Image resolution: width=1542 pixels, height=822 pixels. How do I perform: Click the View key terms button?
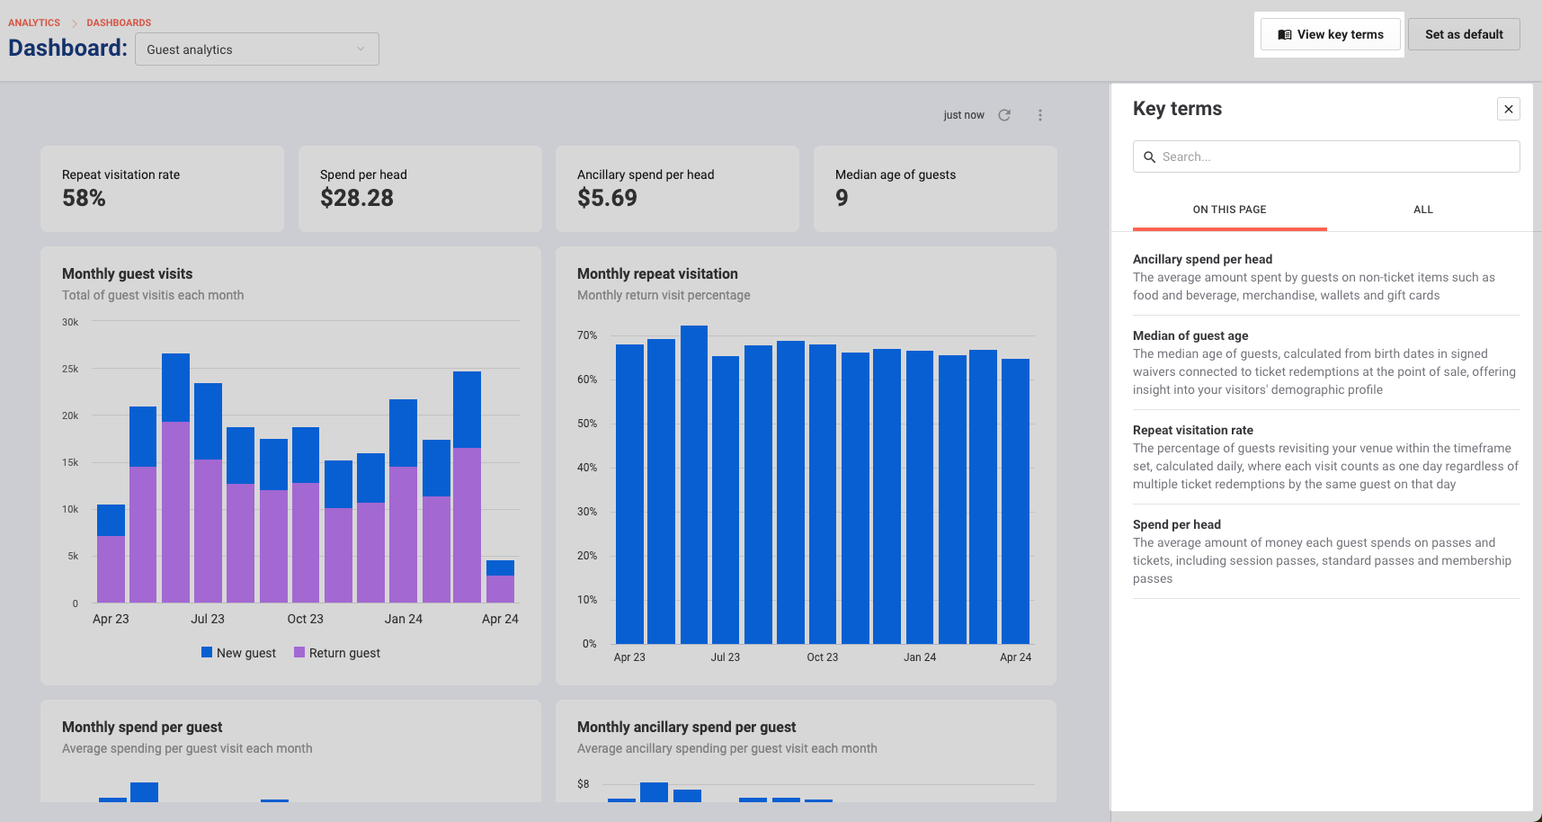tap(1331, 34)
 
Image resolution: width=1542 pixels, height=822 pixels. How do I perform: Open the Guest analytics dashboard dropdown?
tap(257, 49)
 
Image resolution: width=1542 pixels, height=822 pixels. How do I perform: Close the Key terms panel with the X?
tap(1509, 109)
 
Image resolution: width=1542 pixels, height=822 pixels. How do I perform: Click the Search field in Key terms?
tap(1326, 156)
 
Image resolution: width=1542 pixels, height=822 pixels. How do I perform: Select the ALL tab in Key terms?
tap(1423, 210)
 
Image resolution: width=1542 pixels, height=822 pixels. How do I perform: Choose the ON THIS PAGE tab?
tap(1229, 210)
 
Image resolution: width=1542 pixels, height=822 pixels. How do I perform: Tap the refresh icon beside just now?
tap(1004, 115)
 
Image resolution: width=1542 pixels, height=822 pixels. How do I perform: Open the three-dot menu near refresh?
tap(1040, 115)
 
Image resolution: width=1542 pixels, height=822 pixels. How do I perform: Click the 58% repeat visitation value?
tap(84, 198)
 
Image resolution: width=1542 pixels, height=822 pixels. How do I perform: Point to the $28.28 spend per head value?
tap(357, 198)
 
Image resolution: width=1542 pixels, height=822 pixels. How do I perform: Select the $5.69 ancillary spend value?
tap(607, 198)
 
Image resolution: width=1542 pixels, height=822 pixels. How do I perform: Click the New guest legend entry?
tap(238, 653)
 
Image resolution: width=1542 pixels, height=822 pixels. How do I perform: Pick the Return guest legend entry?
tap(337, 653)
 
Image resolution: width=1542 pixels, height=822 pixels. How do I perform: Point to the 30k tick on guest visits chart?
tap(70, 322)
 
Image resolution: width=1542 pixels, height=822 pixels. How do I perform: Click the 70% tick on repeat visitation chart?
tap(587, 335)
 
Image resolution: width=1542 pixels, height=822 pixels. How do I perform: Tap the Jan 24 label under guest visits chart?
tap(404, 619)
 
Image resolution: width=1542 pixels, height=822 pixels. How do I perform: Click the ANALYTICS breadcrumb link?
tap(34, 22)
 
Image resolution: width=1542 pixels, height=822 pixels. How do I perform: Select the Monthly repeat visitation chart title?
tap(657, 273)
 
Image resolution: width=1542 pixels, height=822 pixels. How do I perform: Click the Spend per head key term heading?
tap(1177, 524)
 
